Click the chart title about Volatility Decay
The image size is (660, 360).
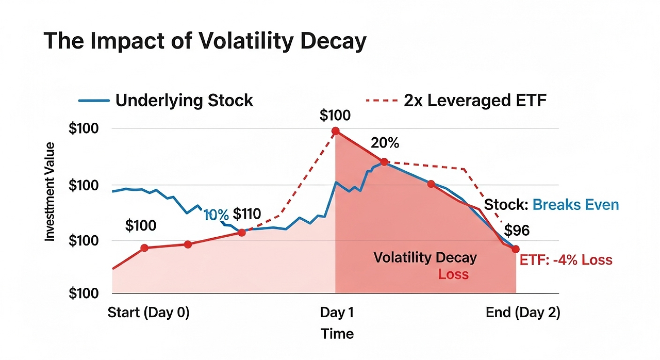(205, 41)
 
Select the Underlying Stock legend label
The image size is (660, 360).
(184, 100)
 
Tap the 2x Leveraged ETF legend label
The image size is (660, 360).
(475, 100)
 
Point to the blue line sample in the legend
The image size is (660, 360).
(94, 101)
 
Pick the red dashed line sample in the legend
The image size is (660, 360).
(382, 101)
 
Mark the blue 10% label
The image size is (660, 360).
(216, 215)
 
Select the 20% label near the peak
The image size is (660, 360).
(385, 143)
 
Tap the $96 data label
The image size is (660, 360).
(517, 230)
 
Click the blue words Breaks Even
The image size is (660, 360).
(575, 205)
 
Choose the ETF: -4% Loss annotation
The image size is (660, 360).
(566, 259)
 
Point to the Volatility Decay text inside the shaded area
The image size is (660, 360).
(425, 257)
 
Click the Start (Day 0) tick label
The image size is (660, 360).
(148, 313)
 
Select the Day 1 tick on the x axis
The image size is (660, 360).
(337, 313)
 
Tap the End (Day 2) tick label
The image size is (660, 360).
(523, 313)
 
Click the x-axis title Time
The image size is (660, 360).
(337, 334)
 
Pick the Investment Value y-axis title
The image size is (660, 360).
(50, 192)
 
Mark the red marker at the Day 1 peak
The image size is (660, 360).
(336, 131)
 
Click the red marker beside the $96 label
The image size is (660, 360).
(516, 249)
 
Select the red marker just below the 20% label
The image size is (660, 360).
(384, 162)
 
